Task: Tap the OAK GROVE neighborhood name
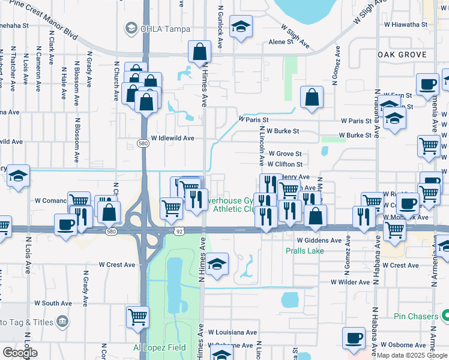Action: point(402,55)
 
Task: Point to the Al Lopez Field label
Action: point(160,348)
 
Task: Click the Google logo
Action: point(20,353)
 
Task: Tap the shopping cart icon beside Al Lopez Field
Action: point(138,316)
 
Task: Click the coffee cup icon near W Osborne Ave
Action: point(354,338)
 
